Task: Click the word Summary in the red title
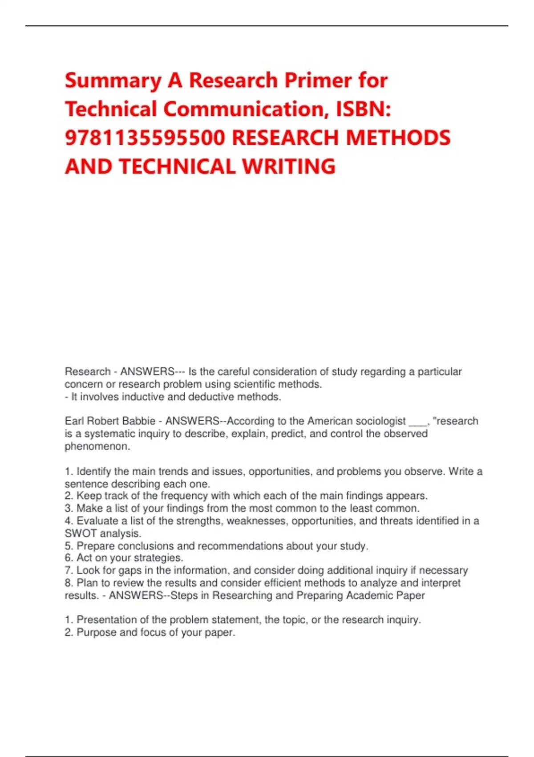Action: [113, 81]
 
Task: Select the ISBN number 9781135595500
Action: [145, 138]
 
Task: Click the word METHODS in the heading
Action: [398, 138]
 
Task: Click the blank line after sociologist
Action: [417, 422]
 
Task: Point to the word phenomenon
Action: [97, 446]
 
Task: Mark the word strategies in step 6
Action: [158, 558]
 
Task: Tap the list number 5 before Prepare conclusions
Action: [68, 546]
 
